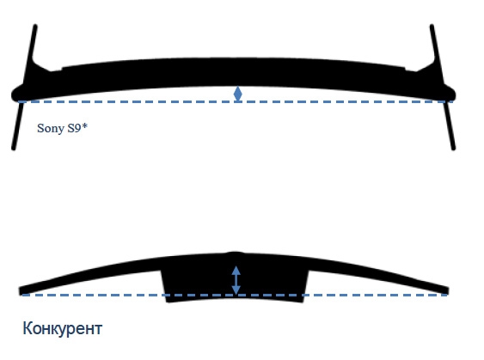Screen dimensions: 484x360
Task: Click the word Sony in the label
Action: [51, 128]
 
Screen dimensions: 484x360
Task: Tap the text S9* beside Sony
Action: [77, 128]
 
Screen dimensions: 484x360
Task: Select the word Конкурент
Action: [63, 328]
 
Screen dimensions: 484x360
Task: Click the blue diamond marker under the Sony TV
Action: [237, 94]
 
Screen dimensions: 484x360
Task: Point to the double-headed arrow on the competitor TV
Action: [236, 280]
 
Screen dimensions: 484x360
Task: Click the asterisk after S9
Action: [85, 125]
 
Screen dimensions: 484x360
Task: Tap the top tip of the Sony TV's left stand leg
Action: [35, 26]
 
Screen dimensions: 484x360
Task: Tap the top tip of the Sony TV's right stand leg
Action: [432, 26]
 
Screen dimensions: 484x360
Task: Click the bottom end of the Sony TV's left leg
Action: [14, 149]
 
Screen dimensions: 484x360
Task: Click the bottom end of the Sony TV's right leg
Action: [453, 149]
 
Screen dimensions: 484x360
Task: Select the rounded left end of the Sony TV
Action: [15, 95]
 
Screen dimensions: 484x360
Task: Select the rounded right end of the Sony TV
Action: [452, 95]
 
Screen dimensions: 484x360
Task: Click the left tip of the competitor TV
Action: [20, 291]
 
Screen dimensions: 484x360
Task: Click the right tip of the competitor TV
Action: [448, 290]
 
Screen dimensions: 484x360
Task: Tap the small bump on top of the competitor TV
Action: [236, 253]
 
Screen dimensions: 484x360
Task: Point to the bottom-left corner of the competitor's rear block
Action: [167, 302]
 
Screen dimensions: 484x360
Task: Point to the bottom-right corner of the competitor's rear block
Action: [303, 302]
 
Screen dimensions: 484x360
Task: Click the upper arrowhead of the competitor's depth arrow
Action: [236, 271]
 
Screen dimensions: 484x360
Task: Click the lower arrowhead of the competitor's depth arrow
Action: [236, 290]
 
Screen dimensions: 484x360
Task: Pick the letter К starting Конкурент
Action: [28, 328]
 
